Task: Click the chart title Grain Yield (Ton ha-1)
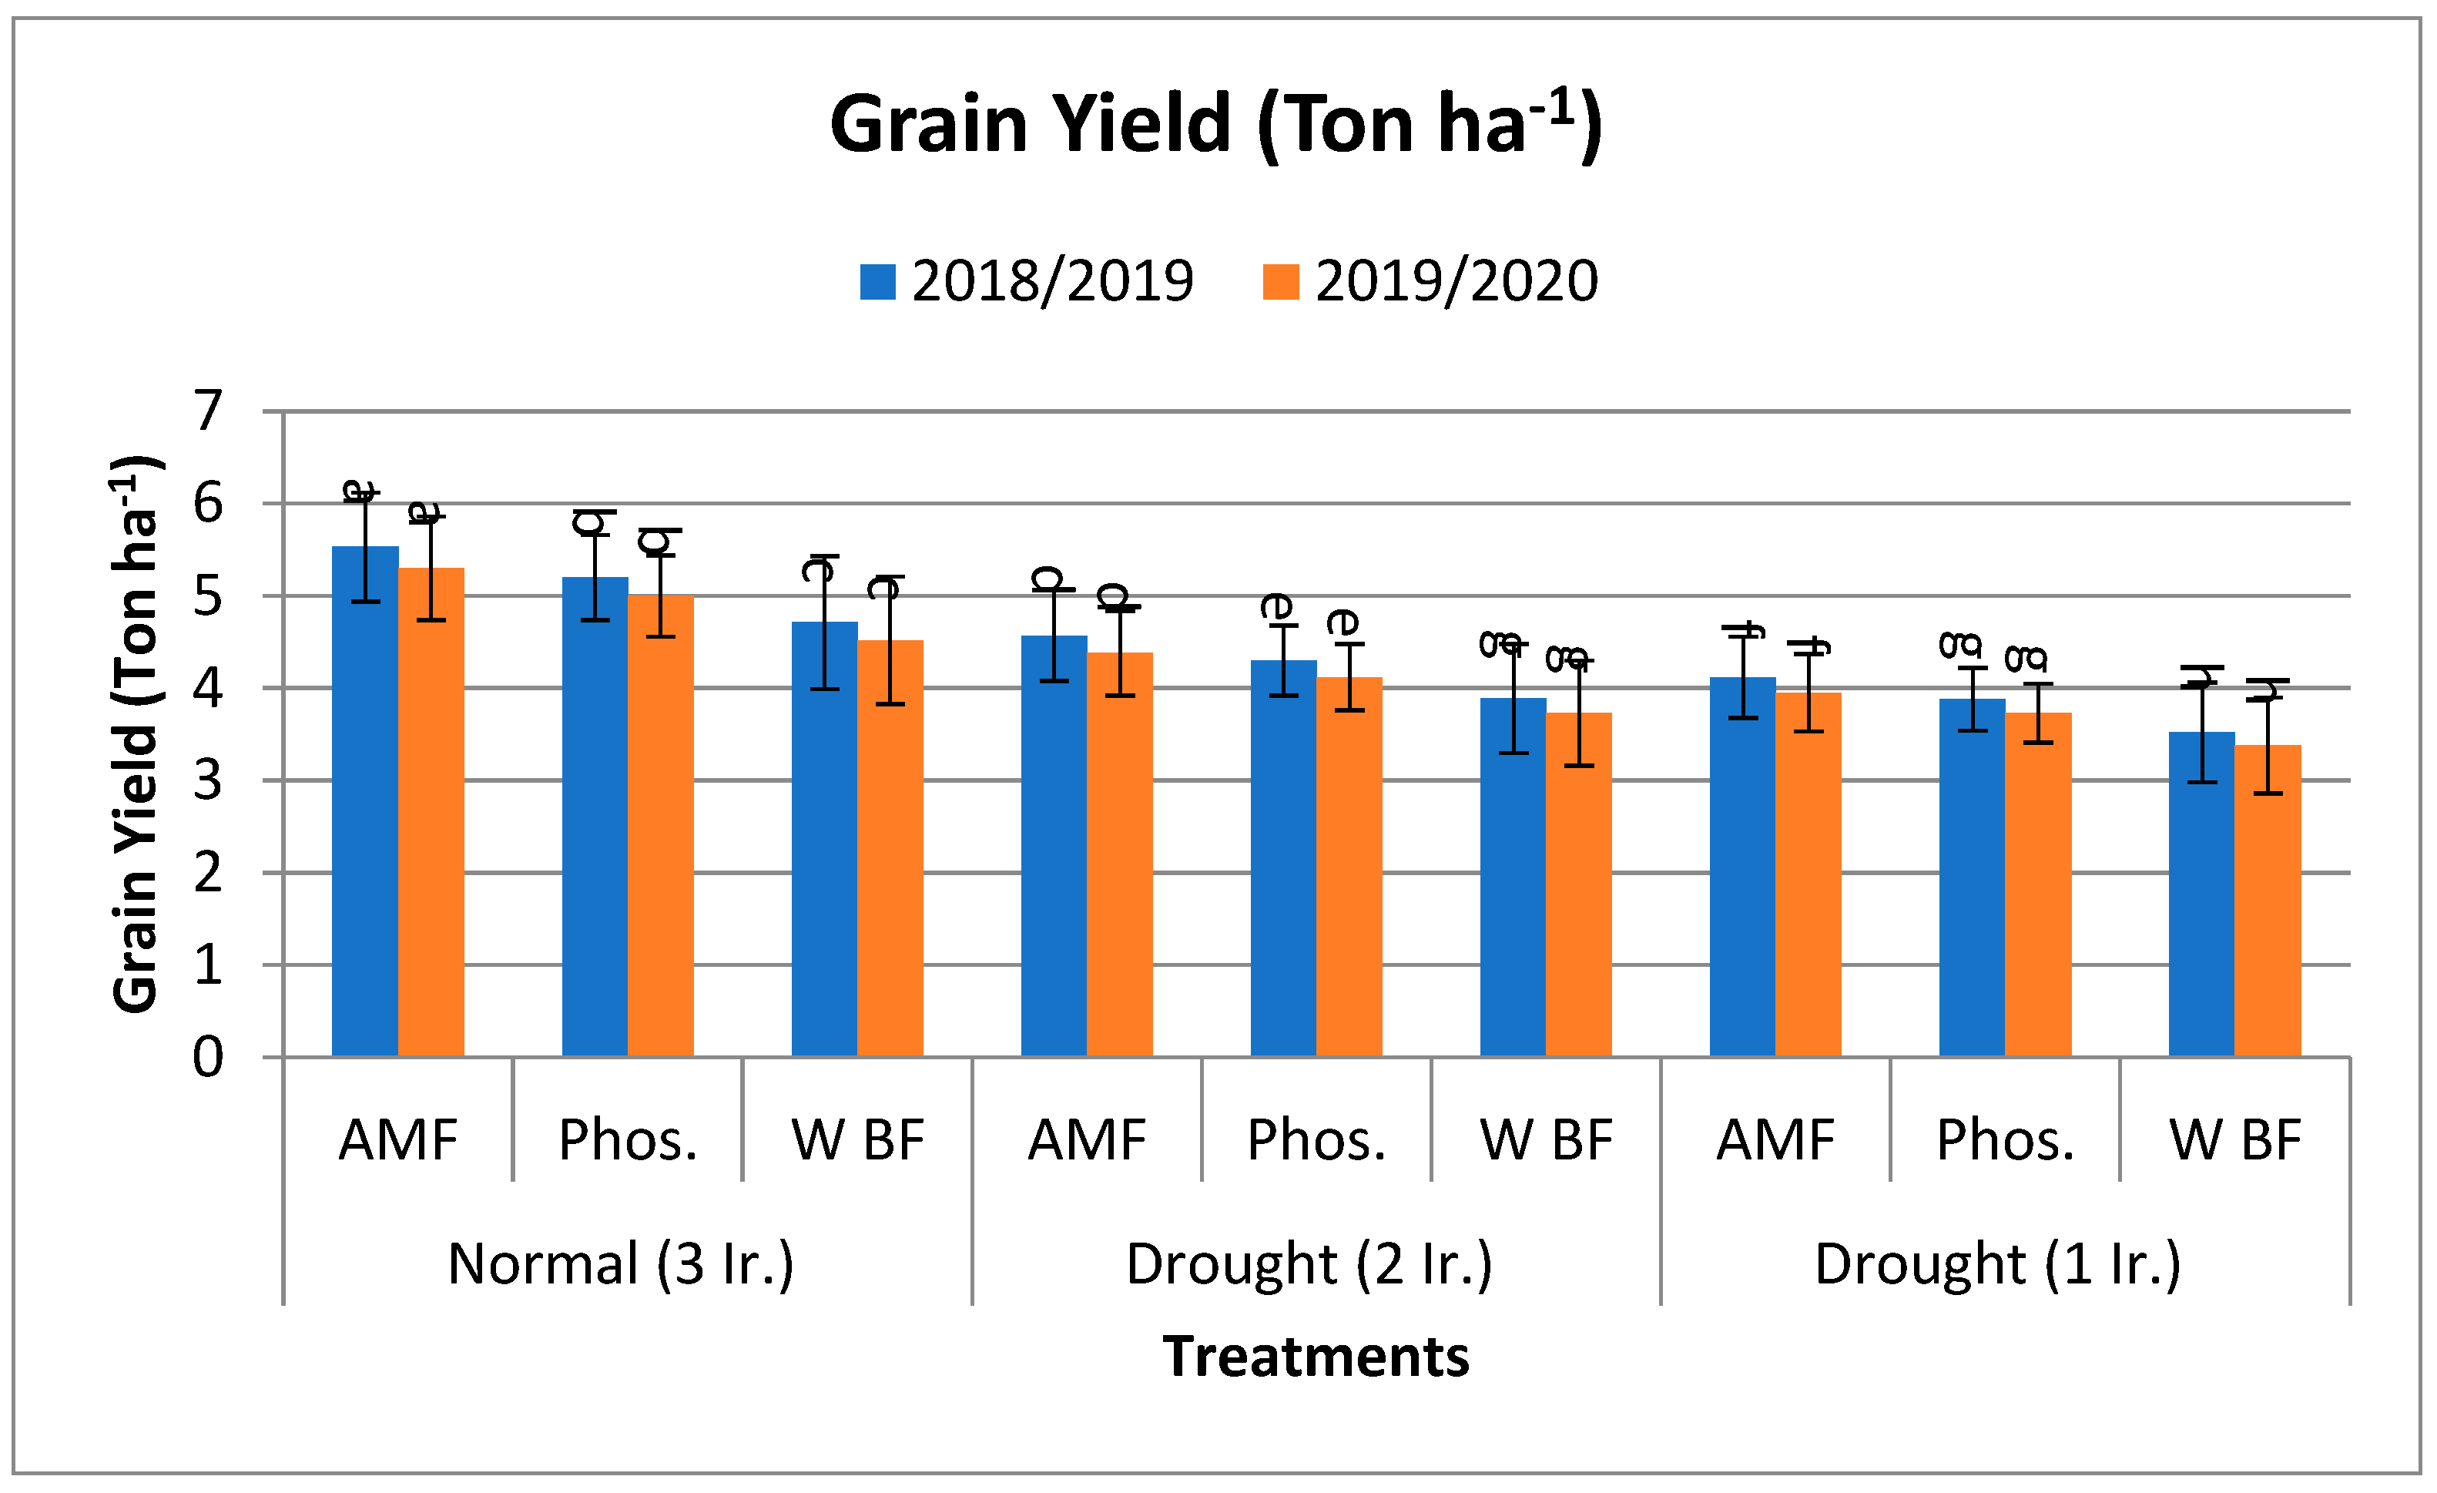(x=1215, y=125)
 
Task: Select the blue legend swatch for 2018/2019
(x=877, y=282)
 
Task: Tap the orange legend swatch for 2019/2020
(x=1281, y=282)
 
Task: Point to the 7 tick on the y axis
(x=208, y=411)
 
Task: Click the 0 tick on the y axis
(x=208, y=1057)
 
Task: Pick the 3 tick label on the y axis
(x=208, y=780)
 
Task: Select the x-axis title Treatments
(x=1316, y=1357)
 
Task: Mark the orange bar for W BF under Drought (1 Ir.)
(x=2267, y=901)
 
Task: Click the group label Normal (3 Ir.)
(x=620, y=1264)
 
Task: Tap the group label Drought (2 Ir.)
(x=1309, y=1264)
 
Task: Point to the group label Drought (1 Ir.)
(x=1997, y=1264)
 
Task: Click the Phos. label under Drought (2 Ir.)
(x=1316, y=1140)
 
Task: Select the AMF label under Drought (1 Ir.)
(x=1775, y=1140)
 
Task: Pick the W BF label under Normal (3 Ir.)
(x=857, y=1140)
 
